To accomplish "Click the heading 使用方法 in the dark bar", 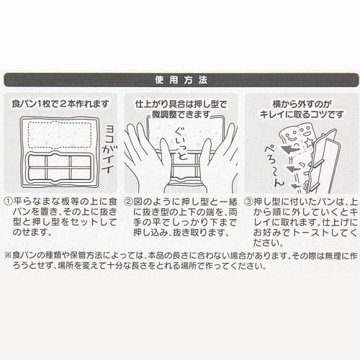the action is coord(181,80).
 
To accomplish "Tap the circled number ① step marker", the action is coord(9,202).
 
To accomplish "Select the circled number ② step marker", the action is coord(128,202).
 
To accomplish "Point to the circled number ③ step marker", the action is coord(249,202).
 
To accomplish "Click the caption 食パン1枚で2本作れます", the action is coord(60,104).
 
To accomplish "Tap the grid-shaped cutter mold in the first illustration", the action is coord(60,168).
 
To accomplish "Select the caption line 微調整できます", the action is coord(181,114).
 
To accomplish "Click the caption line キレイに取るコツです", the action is coord(302,114).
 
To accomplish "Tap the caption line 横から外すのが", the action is coord(302,104).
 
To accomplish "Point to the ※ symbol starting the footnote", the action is coord(8,255).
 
